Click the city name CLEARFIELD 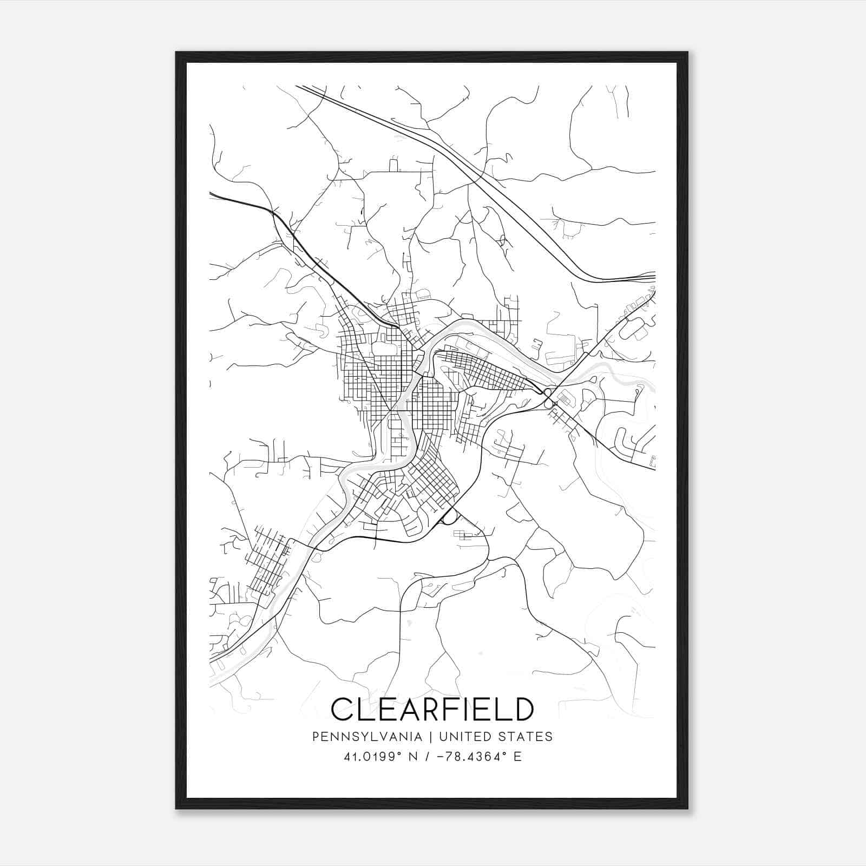pyautogui.click(x=432, y=709)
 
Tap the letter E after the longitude pyautogui.click(x=517, y=757)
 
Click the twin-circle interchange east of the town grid pyautogui.click(x=548, y=397)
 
